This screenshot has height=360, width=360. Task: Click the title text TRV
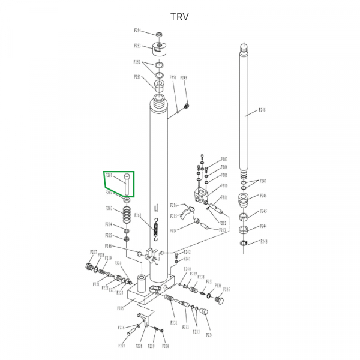[179, 17]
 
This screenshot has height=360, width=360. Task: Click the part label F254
[137, 31]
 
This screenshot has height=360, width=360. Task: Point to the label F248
[262, 110]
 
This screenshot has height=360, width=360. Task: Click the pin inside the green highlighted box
[127, 184]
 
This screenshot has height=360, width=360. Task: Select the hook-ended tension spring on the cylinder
[155, 230]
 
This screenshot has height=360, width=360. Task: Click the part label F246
[263, 196]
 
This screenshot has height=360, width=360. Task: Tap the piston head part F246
[245, 199]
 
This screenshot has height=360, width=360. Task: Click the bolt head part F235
[218, 299]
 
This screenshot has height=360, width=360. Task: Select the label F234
[209, 334]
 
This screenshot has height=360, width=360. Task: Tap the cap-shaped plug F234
[203, 311]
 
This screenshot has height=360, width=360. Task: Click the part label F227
[121, 346]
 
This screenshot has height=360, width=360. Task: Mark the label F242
[187, 252]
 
